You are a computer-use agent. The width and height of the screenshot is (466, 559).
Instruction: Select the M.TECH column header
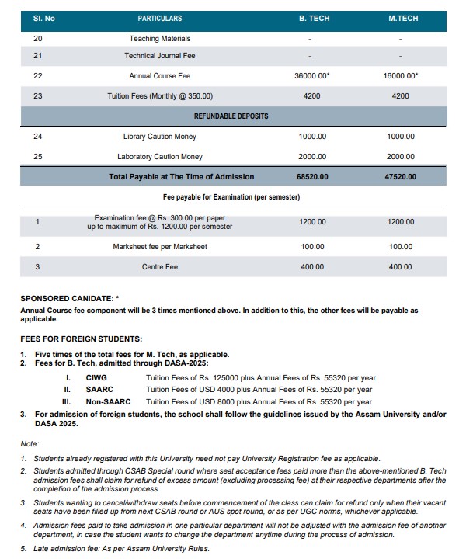pyautogui.click(x=402, y=17)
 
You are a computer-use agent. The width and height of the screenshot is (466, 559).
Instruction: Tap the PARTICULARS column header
pyautogui.click(x=160, y=17)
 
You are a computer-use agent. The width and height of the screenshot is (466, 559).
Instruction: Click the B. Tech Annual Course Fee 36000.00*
pyautogui.click(x=312, y=76)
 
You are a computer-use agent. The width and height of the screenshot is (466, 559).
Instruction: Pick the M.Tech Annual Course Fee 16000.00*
pyautogui.click(x=401, y=76)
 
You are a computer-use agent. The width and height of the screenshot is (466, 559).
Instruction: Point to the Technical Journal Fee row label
pyautogui.click(x=160, y=56)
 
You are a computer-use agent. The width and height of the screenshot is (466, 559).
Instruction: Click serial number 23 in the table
pyautogui.click(x=38, y=96)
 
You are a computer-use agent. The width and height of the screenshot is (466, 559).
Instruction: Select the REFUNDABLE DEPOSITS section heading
pyautogui.click(x=231, y=116)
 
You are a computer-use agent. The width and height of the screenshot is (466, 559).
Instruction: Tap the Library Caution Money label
pyautogui.click(x=160, y=137)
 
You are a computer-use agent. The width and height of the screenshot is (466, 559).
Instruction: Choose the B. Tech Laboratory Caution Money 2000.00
pyautogui.click(x=312, y=157)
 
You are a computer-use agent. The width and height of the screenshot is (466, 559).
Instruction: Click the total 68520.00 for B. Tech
pyautogui.click(x=312, y=177)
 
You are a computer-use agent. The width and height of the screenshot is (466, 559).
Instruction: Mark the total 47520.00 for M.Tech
pyautogui.click(x=401, y=177)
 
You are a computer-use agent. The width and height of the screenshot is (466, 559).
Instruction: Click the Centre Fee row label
pyautogui.click(x=160, y=267)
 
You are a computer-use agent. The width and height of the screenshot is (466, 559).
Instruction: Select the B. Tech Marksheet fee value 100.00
pyautogui.click(x=312, y=247)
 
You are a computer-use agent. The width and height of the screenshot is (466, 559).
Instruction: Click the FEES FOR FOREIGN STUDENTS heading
pyautogui.click(x=81, y=339)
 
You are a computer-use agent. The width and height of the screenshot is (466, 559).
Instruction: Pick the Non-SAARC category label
pyautogui.click(x=108, y=402)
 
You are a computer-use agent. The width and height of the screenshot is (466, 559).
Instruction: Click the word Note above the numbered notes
pyautogui.click(x=30, y=443)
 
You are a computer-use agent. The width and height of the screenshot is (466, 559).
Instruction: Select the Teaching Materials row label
pyautogui.click(x=160, y=38)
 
